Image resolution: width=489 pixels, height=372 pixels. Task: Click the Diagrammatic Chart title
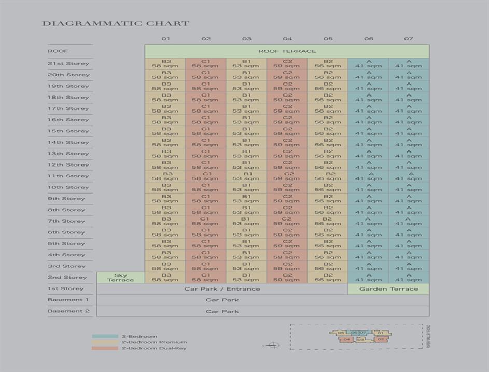tap(116, 23)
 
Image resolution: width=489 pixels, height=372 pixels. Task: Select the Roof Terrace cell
tap(287, 51)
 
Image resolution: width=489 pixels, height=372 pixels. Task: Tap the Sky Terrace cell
tap(120, 278)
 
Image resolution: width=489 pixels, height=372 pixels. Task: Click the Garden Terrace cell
tap(388, 289)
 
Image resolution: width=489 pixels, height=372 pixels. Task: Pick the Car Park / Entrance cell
tap(222, 289)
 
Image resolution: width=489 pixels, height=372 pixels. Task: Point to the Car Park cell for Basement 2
tap(222, 311)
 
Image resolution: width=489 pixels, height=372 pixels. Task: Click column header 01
tap(165, 39)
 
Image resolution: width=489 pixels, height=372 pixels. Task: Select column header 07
tap(409, 39)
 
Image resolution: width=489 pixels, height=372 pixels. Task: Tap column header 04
tap(287, 39)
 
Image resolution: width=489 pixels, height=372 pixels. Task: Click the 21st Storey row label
tap(68, 64)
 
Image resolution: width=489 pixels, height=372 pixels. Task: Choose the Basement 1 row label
tap(68, 300)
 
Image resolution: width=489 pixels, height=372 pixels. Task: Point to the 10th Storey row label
tap(68, 187)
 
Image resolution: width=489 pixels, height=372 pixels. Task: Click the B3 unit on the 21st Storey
tap(165, 63)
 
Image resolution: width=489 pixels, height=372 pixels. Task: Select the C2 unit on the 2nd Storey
tap(287, 278)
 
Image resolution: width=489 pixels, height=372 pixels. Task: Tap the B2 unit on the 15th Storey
tap(328, 131)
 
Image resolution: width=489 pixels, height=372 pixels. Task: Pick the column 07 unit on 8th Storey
tap(409, 210)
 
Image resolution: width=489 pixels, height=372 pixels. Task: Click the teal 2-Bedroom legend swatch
tap(105, 336)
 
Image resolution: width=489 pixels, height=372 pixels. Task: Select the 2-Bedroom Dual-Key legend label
tap(154, 348)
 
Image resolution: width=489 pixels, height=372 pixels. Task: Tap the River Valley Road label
tap(429, 337)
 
